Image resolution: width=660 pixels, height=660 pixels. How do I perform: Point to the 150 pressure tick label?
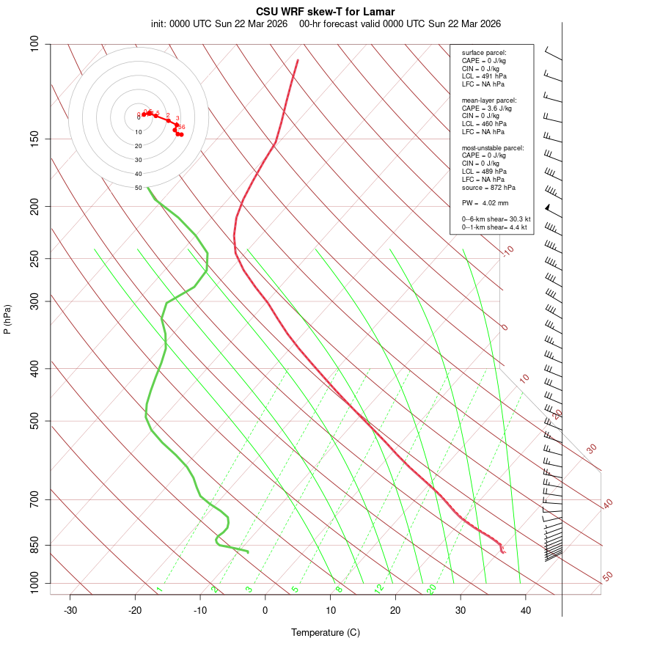click(x=35, y=139)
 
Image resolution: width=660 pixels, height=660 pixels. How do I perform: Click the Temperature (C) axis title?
click(x=325, y=632)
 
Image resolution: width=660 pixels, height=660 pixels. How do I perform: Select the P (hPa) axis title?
click(x=7, y=319)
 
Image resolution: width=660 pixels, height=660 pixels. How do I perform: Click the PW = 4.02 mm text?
click(x=485, y=203)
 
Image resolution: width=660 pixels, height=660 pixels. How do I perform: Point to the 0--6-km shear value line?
click(x=496, y=219)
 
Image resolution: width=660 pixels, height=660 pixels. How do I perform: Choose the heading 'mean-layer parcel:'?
click(x=488, y=100)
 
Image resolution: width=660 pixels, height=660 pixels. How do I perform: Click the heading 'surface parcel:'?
click(x=484, y=53)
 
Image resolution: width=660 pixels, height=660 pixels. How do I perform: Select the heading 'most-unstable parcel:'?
click(x=493, y=147)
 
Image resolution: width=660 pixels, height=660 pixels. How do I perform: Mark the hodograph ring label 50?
click(x=138, y=188)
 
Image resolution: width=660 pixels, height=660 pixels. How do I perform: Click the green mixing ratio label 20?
click(x=431, y=589)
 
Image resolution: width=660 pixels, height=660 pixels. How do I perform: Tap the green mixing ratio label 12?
click(x=379, y=589)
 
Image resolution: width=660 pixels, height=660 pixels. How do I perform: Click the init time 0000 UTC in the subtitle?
click(x=191, y=23)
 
